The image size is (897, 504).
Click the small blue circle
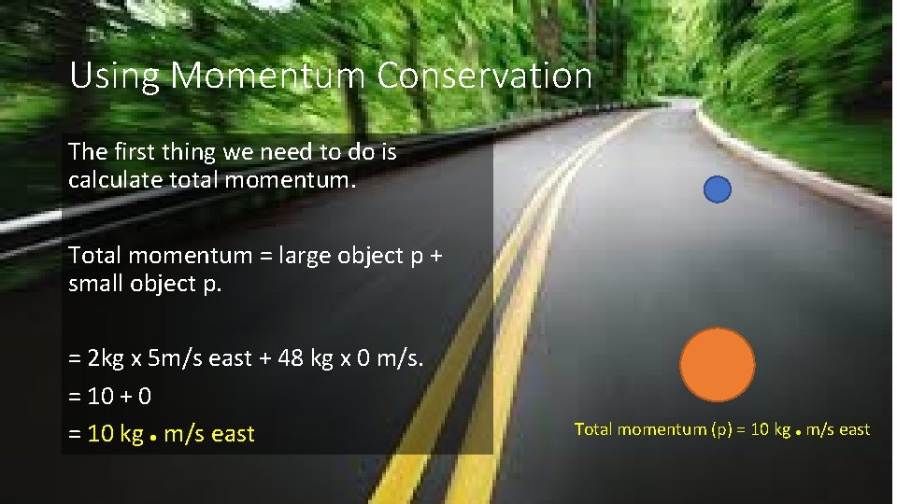pos(717,189)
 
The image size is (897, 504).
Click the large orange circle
pos(717,365)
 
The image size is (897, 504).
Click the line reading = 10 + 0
pos(110,396)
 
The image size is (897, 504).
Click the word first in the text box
pos(130,152)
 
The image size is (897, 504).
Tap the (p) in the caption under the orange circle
pos(722,429)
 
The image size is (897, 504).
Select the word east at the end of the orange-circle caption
pos(852,429)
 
